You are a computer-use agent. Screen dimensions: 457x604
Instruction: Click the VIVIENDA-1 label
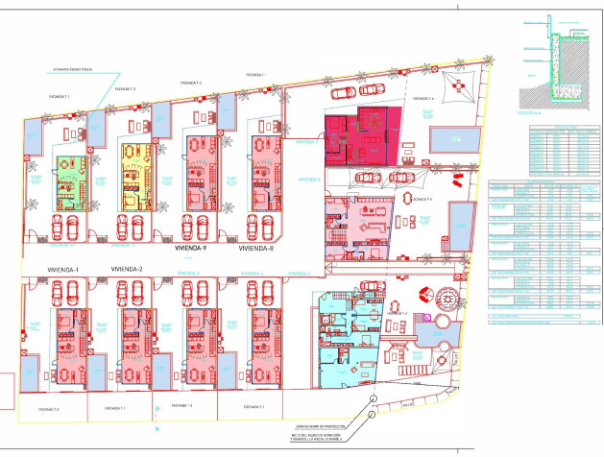63,270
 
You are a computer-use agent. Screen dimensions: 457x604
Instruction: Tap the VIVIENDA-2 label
127,269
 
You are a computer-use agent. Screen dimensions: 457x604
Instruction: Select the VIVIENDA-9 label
191,248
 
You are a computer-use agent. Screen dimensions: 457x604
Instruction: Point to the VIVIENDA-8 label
256,249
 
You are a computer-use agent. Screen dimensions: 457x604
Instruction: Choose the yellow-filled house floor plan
134,174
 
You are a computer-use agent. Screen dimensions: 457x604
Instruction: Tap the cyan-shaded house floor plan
350,341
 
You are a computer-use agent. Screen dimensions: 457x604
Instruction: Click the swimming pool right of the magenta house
451,140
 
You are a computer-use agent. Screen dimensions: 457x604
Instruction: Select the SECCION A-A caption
531,113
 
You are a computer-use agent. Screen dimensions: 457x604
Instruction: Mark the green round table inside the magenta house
366,120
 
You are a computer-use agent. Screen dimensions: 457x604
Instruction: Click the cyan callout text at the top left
73,69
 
